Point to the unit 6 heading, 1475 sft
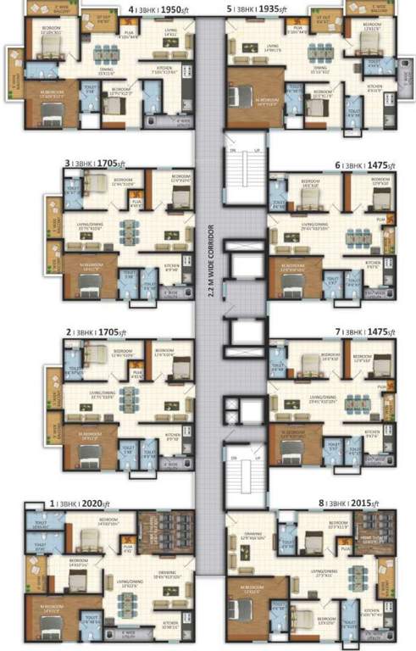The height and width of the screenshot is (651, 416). (x=365, y=165)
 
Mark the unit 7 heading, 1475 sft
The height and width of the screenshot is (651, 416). (x=365, y=332)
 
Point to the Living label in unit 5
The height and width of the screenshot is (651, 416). (x=274, y=48)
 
